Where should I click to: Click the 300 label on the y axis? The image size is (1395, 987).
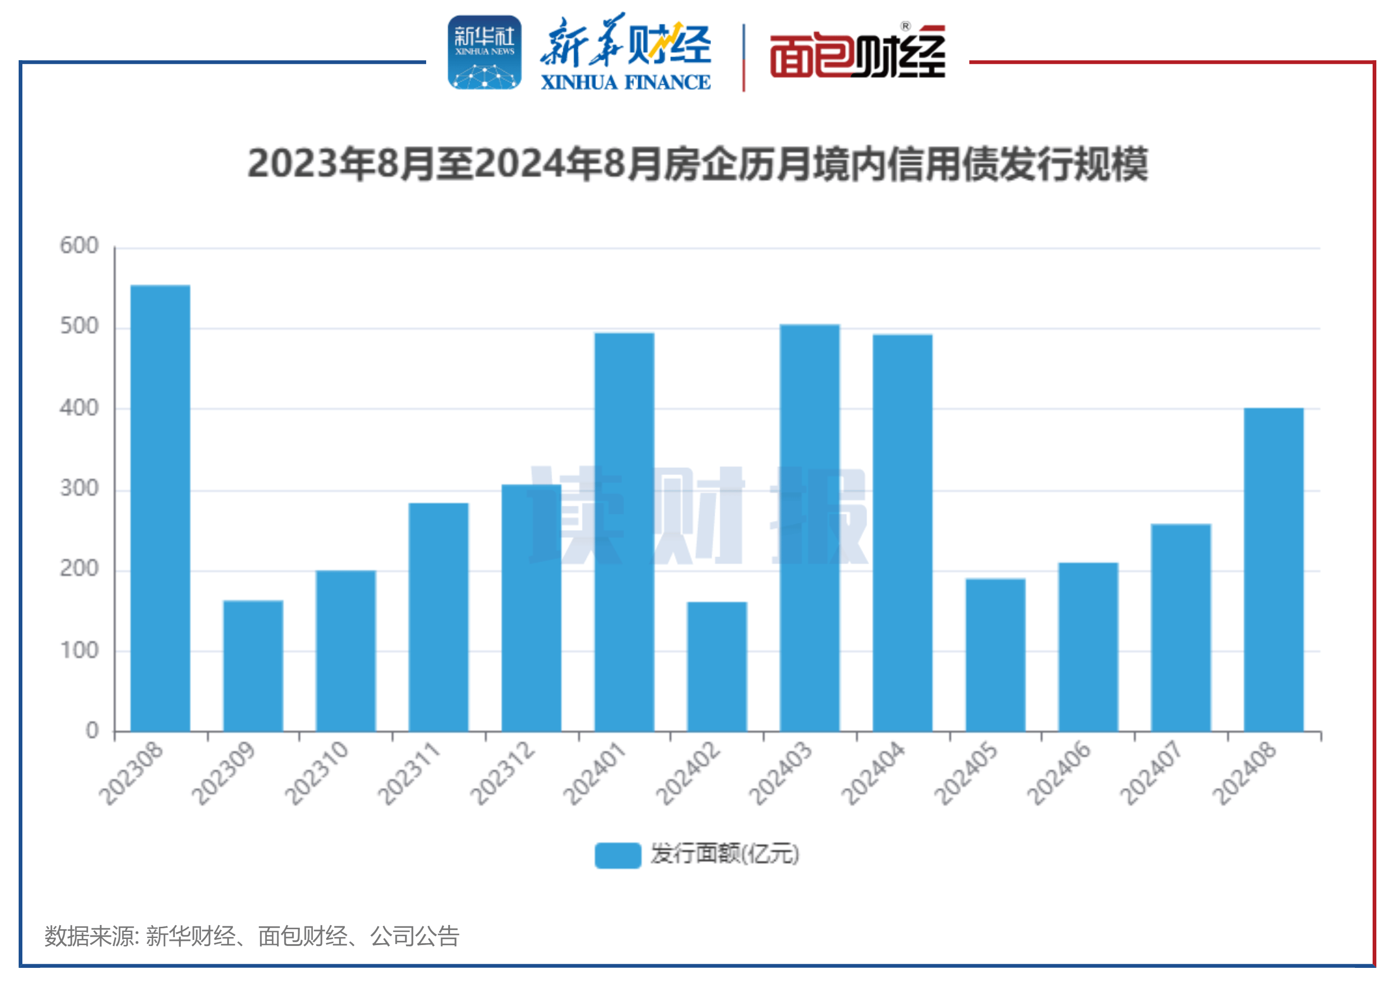79,489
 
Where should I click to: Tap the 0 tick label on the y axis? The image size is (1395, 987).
92,730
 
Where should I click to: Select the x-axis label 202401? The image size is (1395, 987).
594,773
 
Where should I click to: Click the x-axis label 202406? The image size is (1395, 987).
1058,773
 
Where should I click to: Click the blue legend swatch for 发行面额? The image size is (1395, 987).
617,855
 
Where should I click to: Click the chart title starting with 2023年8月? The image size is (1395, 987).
697,164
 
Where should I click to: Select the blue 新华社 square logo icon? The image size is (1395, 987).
484,52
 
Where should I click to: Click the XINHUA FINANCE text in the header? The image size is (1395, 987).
625,82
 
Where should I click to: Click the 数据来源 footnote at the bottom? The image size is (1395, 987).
251,936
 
